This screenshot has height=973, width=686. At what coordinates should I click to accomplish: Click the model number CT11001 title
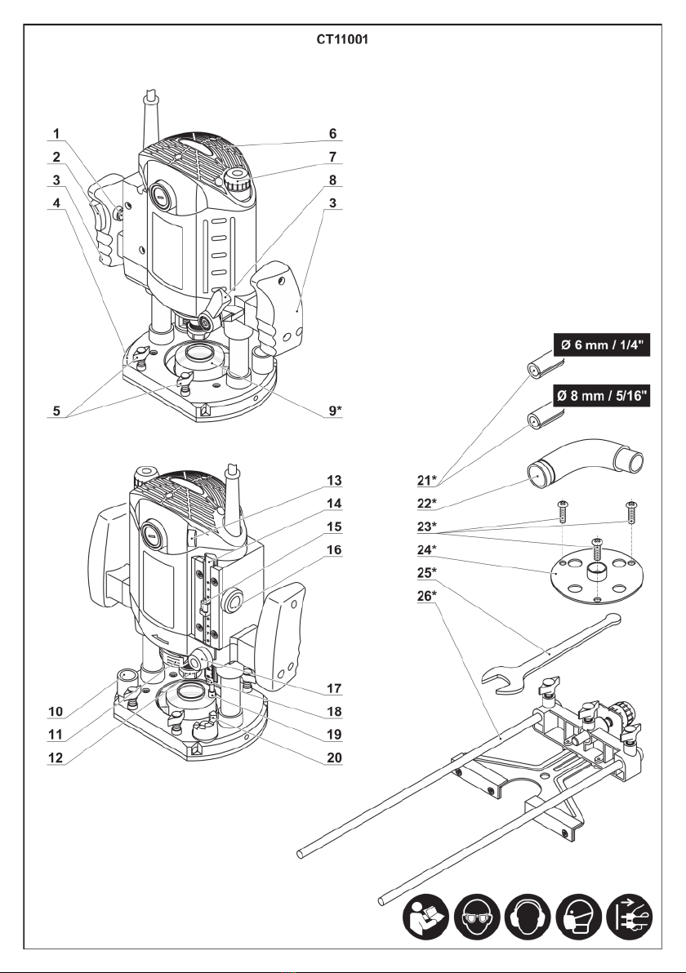(x=343, y=40)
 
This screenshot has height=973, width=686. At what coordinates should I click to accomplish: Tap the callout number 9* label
(x=335, y=410)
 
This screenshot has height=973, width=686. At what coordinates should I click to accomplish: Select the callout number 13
(x=335, y=480)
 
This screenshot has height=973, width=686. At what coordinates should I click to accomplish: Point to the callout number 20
(x=335, y=758)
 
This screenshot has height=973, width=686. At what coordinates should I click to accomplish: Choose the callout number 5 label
(x=56, y=410)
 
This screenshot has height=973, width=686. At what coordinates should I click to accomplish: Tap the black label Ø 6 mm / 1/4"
(x=602, y=344)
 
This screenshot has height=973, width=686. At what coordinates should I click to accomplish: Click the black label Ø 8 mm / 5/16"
(x=602, y=395)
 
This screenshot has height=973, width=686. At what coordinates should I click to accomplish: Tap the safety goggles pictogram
(x=477, y=917)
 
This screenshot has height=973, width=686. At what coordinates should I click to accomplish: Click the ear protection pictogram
(x=527, y=917)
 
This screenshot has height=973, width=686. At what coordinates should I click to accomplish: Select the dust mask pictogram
(x=578, y=917)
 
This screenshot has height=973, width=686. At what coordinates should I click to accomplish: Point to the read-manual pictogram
(x=425, y=917)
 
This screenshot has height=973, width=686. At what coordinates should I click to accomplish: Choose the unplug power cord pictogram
(x=629, y=917)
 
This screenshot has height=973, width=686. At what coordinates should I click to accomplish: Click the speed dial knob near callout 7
(x=238, y=182)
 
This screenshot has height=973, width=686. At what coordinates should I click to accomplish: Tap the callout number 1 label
(x=56, y=133)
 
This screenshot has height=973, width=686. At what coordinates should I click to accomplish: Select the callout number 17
(x=335, y=688)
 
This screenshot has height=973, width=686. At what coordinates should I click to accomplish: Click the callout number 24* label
(x=426, y=549)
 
